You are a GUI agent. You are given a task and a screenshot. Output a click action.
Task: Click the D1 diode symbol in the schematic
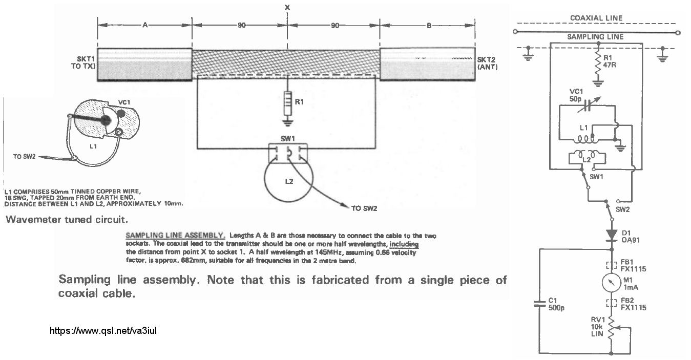(x=612, y=235)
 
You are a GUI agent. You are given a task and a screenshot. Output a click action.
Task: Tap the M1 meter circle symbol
(x=612, y=282)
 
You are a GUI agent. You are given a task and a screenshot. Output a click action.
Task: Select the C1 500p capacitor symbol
(x=539, y=304)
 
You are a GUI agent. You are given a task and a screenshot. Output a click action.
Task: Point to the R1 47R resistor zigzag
(x=598, y=66)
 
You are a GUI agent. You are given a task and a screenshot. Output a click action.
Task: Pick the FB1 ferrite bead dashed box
(x=612, y=265)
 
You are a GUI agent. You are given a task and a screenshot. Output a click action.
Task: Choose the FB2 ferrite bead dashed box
(x=612, y=303)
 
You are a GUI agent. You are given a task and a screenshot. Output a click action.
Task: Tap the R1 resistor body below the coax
(x=287, y=103)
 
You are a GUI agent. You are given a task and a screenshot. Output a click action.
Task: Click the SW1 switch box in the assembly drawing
(x=288, y=153)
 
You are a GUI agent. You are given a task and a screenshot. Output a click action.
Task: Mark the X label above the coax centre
(x=287, y=7)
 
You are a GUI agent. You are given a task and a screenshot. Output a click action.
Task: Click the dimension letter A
(x=145, y=25)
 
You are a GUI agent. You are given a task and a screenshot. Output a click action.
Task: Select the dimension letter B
(x=429, y=26)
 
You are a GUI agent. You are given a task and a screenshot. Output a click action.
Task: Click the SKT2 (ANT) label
(x=488, y=63)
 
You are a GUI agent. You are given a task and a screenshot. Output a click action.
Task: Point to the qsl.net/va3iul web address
(x=103, y=331)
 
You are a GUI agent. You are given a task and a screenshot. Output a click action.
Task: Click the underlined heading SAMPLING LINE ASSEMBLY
(x=175, y=236)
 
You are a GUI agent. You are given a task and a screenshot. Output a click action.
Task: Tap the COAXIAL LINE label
(x=596, y=18)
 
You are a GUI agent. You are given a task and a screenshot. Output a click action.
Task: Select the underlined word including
(x=404, y=244)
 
